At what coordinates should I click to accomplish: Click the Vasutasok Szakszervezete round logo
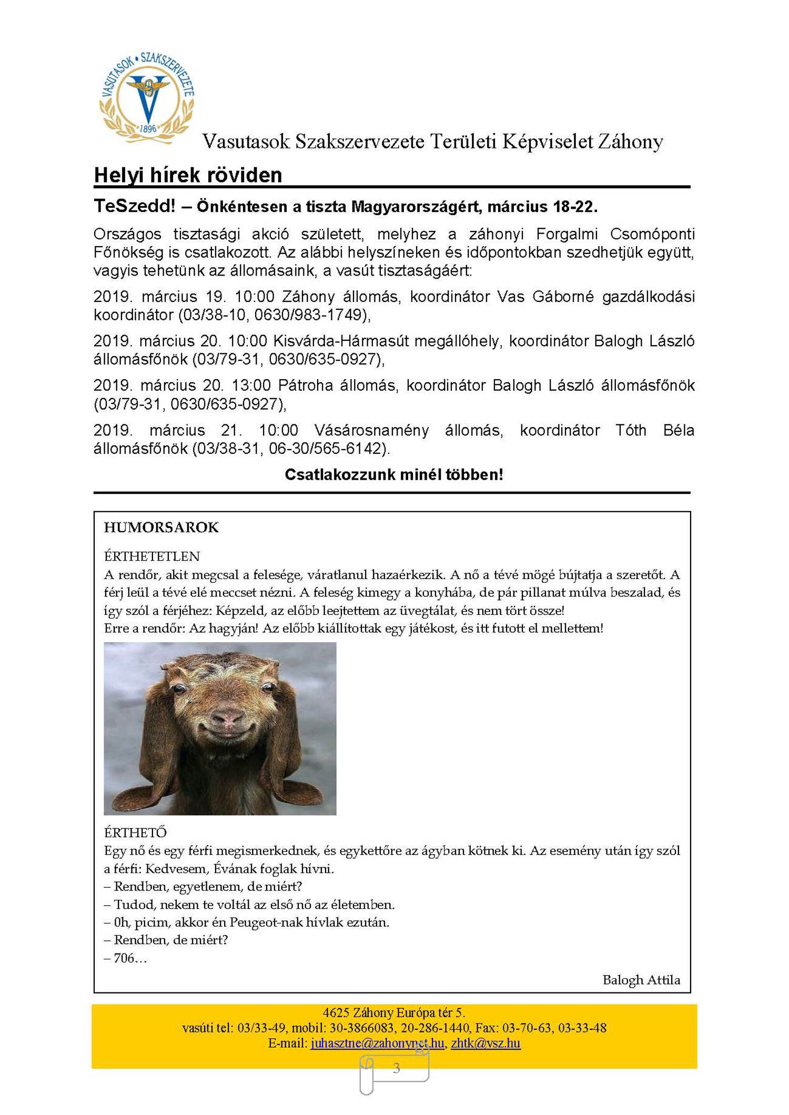pyautogui.click(x=147, y=98)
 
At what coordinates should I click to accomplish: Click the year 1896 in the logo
pyautogui.click(x=148, y=128)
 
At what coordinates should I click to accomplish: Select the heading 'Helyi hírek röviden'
pyautogui.click(x=188, y=175)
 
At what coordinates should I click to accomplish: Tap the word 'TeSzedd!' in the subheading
pyautogui.click(x=134, y=206)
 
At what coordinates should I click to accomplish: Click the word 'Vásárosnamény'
pyautogui.click(x=371, y=430)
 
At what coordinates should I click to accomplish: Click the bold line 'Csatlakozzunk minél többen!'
pyautogui.click(x=394, y=474)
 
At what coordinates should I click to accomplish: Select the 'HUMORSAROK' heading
pyautogui.click(x=161, y=528)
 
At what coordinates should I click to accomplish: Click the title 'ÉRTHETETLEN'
pyautogui.click(x=152, y=556)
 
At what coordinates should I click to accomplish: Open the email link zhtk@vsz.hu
pyautogui.click(x=485, y=1042)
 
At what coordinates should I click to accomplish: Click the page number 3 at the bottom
pyautogui.click(x=397, y=1068)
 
